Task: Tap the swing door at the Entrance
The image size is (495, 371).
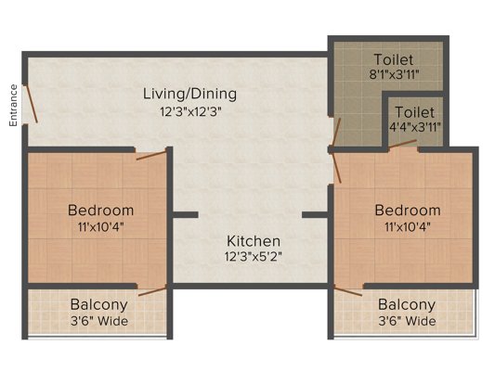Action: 31,103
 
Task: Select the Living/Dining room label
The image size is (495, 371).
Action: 189,94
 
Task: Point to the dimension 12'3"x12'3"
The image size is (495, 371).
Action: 189,110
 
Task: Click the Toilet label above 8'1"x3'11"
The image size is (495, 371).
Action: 391,60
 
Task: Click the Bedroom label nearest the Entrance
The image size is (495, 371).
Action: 102,211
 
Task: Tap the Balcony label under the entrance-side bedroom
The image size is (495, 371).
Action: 99,305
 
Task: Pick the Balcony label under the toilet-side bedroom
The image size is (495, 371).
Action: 407,305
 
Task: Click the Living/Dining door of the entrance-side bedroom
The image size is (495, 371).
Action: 151,153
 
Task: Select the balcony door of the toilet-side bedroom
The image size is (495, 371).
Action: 347,290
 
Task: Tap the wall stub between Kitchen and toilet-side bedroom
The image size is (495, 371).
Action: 316,214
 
